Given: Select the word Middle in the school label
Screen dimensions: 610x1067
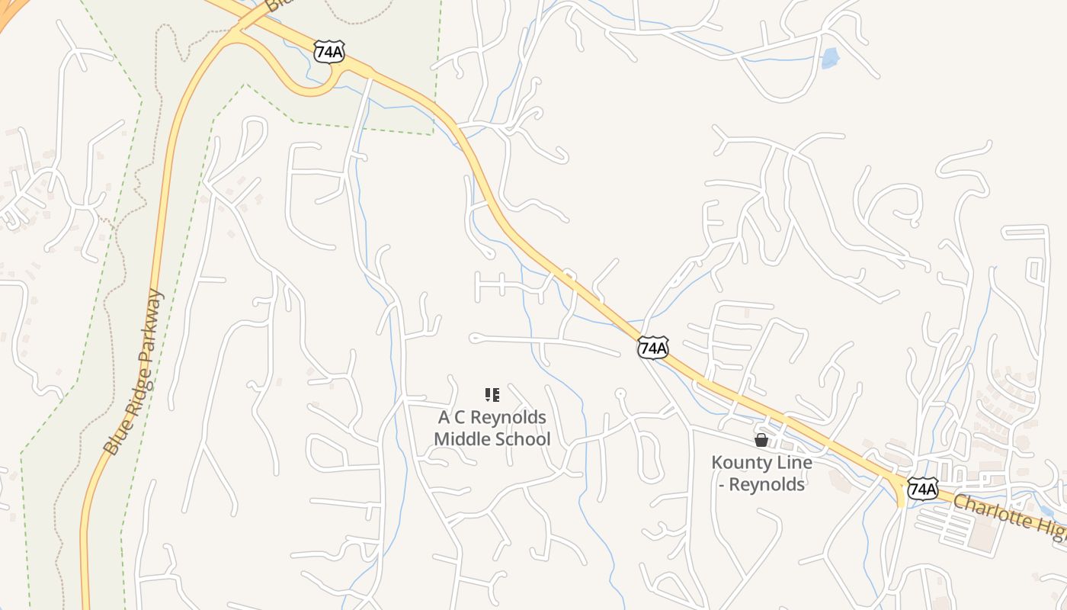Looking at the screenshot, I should tap(461, 439).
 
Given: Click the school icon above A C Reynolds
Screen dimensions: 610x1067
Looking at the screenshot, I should tap(492, 395).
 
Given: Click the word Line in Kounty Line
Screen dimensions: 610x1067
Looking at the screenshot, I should tap(794, 463).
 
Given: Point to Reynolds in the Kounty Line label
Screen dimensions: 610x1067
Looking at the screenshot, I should tap(767, 484).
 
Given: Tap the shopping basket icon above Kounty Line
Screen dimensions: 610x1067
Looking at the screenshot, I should tap(761, 440).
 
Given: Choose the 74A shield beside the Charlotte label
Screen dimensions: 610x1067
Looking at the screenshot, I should tap(922, 488).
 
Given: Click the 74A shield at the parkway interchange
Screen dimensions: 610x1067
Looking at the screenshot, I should tap(329, 52).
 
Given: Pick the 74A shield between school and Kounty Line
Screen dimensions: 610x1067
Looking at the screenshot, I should tap(653, 348).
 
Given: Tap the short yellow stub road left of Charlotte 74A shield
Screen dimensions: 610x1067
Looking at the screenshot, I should tap(900, 496).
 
